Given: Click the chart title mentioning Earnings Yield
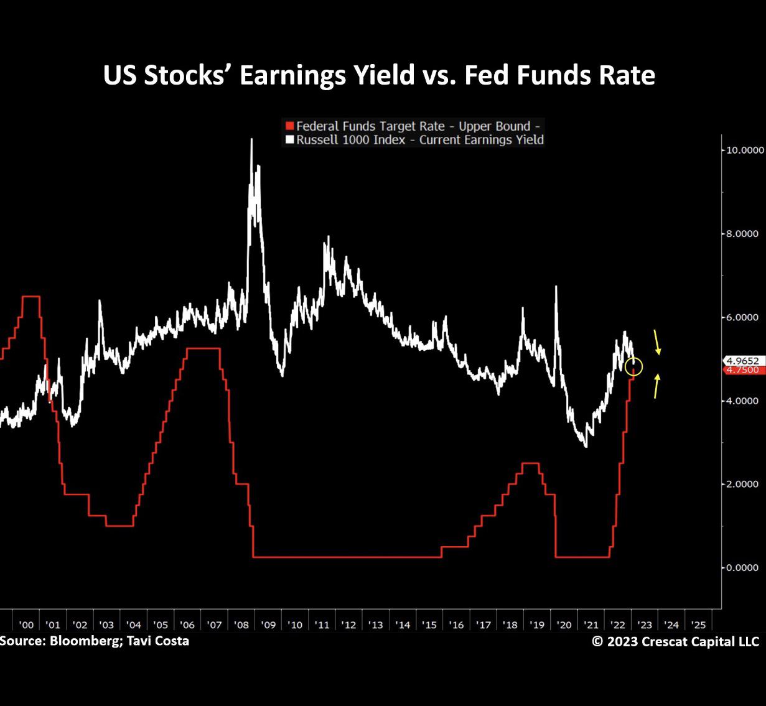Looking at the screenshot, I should tap(378, 75).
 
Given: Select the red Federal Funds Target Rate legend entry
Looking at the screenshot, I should tap(413, 126).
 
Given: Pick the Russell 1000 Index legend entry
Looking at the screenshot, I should tap(415, 140).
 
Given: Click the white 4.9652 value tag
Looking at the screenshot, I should tap(742, 361).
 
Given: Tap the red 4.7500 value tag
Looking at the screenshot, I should tap(742, 370).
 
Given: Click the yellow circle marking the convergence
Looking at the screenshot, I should tap(633, 367).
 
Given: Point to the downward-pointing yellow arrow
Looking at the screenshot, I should tap(657, 343).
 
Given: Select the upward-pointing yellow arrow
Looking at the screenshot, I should tap(657, 386).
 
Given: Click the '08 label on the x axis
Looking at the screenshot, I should tap(241, 625).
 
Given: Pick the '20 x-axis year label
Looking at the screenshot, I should tap(564, 625).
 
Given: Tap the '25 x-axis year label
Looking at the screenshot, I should tap(698, 625).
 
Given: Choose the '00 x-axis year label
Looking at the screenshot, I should tap(26, 625).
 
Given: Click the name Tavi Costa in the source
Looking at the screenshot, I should tap(161, 641).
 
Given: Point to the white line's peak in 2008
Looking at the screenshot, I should tap(251, 139).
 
